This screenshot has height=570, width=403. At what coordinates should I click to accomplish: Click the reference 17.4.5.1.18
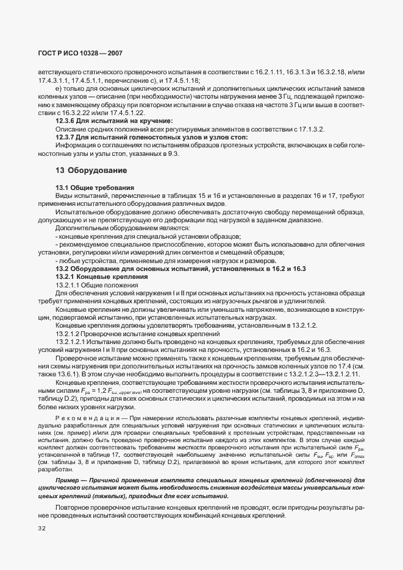pyautogui.click(x=181, y=81)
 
